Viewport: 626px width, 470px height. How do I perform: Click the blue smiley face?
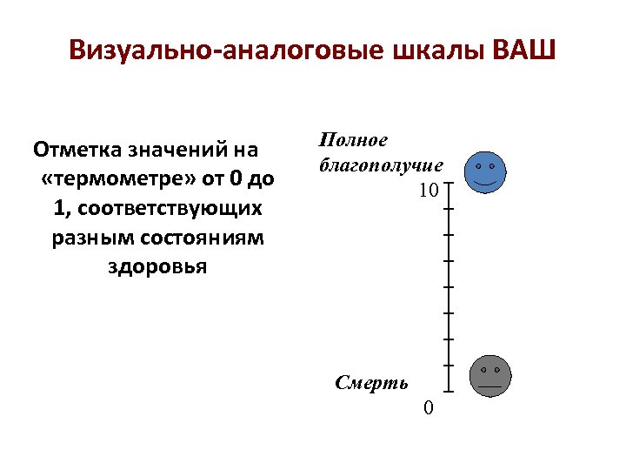(x=485, y=172)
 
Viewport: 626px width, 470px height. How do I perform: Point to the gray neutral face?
(x=490, y=377)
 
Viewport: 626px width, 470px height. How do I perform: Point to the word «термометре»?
(x=115, y=180)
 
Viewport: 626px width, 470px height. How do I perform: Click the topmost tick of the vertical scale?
(x=450, y=185)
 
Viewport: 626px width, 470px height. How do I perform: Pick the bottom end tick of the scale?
(x=450, y=390)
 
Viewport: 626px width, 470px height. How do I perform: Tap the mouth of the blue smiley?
(x=485, y=184)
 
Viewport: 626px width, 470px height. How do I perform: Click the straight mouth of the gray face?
(x=490, y=386)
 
